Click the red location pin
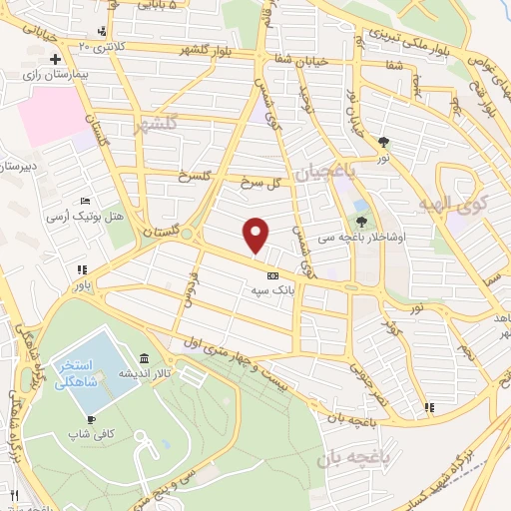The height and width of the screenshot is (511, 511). click(256, 235)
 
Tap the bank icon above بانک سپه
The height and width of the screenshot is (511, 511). click(272, 275)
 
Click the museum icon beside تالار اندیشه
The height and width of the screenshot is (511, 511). click(146, 359)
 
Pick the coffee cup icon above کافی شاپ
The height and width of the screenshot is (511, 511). click(92, 419)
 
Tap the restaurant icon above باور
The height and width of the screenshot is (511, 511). click(82, 268)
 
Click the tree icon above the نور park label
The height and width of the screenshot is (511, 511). click(383, 141)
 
